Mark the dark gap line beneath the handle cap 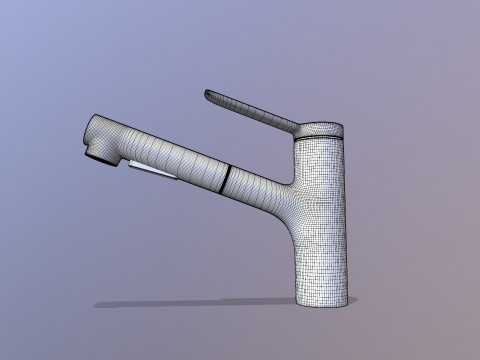pyautogui.click(x=319, y=140)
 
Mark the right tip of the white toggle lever pyautogui.click(x=178, y=181)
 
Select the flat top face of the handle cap pyautogui.click(x=321, y=126)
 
